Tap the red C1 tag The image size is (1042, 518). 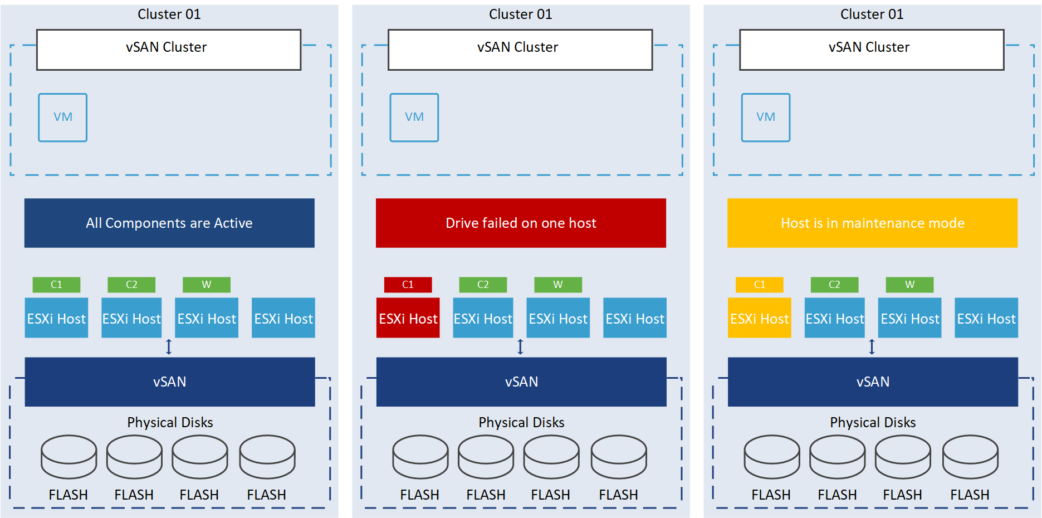[408, 285]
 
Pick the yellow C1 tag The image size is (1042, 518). [759, 285]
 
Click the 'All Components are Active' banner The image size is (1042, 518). [169, 223]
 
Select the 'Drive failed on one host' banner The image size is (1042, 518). [521, 223]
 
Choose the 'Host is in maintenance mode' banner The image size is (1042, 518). [872, 223]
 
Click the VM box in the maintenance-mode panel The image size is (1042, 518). [765, 118]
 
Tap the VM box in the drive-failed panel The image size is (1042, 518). [414, 118]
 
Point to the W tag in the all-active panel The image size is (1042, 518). [206, 285]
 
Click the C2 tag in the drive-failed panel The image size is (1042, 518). [483, 285]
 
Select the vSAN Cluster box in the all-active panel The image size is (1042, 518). [169, 50]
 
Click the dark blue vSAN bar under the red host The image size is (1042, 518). [521, 382]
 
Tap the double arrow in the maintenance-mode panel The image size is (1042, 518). [872, 347]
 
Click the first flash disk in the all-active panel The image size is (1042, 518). [69, 457]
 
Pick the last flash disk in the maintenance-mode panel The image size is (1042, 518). [970, 457]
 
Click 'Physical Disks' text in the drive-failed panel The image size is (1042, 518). [521, 422]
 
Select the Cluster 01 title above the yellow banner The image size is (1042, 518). [872, 14]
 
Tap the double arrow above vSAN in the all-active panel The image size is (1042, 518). [169, 347]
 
